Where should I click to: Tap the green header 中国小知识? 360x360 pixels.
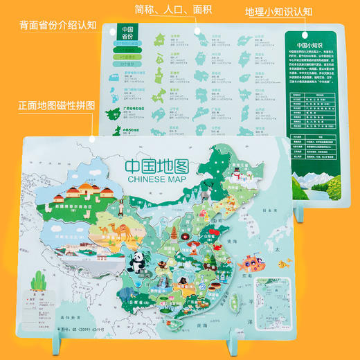(309, 39)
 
